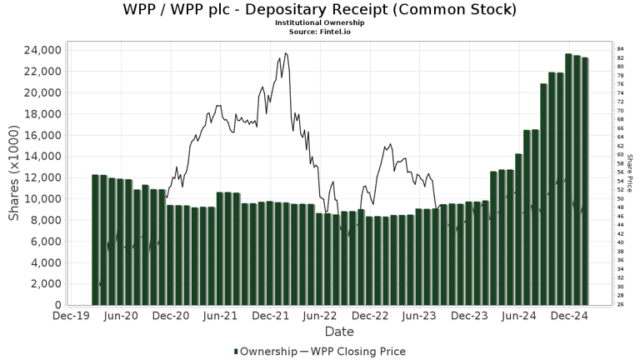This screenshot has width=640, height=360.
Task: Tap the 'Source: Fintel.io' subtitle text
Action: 319,31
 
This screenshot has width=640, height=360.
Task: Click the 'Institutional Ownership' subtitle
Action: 319,22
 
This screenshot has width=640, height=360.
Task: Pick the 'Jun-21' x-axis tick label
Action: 222,317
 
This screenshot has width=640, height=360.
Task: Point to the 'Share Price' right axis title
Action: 631,172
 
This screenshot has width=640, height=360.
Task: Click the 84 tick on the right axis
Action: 621,49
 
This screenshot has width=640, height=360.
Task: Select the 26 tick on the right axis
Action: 621,304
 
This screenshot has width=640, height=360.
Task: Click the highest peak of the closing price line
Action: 286,53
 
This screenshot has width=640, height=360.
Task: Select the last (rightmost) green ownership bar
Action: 585,181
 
